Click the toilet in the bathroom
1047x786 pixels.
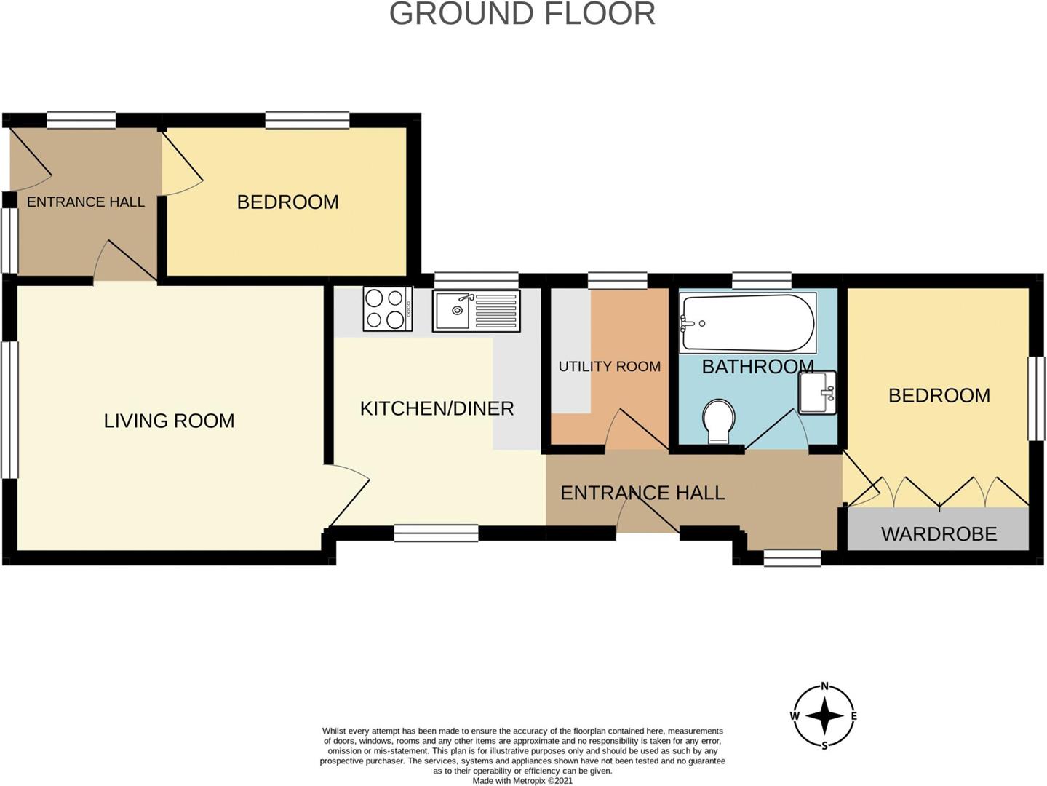(x=719, y=421)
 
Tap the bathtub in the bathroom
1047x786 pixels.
(x=747, y=323)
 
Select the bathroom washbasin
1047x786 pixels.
(x=818, y=392)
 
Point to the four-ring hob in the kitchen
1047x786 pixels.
(x=388, y=309)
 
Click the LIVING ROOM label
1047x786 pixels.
(x=169, y=421)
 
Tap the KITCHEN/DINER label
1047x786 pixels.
(x=437, y=409)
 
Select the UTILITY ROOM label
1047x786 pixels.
(x=610, y=366)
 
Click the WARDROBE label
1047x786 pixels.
(x=939, y=533)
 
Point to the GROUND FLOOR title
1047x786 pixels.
(x=522, y=14)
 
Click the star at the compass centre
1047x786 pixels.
(x=824, y=716)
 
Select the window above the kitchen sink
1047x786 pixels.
(x=476, y=280)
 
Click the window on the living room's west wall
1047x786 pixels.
(x=9, y=410)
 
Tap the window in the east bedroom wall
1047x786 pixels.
(x=1036, y=398)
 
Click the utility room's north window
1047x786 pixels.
(x=617, y=280)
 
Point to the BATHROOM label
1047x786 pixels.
(x=758, y=366)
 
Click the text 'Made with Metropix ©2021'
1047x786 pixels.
(x=522, y=781)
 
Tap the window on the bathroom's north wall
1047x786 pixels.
(x=762, y=280)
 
